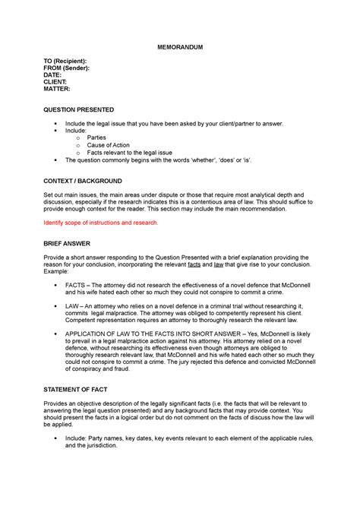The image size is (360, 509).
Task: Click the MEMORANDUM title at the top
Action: pyautogui.click(x=179, y=47)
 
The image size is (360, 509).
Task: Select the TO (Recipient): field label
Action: pyautogui.click(x=65, y=61)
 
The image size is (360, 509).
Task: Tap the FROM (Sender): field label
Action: pyautogui.click(x=66, y=68)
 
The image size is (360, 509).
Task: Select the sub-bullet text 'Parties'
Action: pyautogui.click(x=96, y=138)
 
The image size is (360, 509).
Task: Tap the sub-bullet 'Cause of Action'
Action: pyautogui.click(x=108, y=145)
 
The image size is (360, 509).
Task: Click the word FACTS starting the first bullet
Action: pyautogui.click(x=75, y=285)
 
